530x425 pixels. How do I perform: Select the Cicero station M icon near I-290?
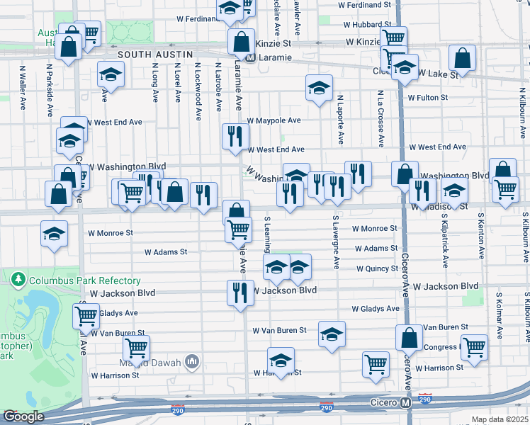click(x=406, y=402)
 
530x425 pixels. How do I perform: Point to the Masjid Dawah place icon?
click(x=192, y=363)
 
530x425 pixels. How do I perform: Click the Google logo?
click(x=23, y=416)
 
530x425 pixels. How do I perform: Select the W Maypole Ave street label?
click(x=274, y=120)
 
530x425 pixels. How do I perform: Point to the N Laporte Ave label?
click(x=340, y=118)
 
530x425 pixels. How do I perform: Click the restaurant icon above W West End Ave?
click(x=235, y=137)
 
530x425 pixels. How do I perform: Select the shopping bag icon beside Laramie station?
click(x=241, y=41)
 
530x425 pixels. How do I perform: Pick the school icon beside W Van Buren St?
click(x=332, y=334)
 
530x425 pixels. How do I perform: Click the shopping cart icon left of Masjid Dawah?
click(x=135, y=348)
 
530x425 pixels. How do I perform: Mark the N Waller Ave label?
click(x=23, y=87)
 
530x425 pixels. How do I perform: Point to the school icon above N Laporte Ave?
click(x=319, y=88)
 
